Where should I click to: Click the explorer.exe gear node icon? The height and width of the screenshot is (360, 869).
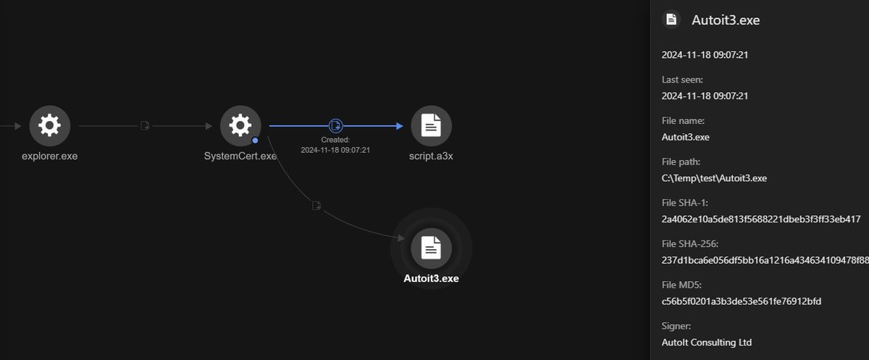pyautogui.click(x=50, y=126)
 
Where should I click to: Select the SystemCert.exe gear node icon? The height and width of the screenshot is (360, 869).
pyautogui.click(x=240, y=126)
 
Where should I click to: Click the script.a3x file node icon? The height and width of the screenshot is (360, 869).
pyautogui.click(x=431, y=126)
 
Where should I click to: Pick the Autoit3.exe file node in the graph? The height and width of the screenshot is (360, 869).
pyautogui.click(x=431, y=248)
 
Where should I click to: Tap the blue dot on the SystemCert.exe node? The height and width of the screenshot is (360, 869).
pyautogui.click(x=255, y=141)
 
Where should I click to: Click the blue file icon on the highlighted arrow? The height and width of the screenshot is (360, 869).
pyautogui.click(x=335, y=126)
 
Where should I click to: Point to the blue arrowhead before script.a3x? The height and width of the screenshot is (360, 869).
pyautogui.click(x=400, y=126)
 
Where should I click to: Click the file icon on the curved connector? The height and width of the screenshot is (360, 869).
pyautogui.click(x=316, y=206)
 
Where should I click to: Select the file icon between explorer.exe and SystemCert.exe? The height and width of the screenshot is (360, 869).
pyautogui.click(x=145, y=126)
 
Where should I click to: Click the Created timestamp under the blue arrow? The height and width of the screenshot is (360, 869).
pyautogui.click(x=335, y=150)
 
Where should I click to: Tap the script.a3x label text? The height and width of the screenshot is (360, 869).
pyautogui.click(x=431, y=156)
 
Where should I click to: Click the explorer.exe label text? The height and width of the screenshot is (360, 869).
pyautogui.click(x=50, y=156)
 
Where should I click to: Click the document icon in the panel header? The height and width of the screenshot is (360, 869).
pyautogui.click(x=671, y=19)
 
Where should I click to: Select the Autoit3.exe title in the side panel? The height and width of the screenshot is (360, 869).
pyautogui.click(x=726, y=20)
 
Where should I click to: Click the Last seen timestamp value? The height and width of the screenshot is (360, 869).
pyautogui.click(x=705, y=96)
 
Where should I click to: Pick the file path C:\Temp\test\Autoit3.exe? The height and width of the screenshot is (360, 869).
pyautogui.click(x=714, y=178)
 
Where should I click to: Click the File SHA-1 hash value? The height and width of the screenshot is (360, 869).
pyautogui.click(x=761, y=219)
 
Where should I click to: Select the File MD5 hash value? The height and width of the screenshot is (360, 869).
pyautogui.click(x=742, y=301)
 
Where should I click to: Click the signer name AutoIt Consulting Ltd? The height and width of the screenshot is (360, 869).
pyautogui.click(x=707, y=342)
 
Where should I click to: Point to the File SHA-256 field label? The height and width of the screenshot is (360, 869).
pyautogui.click(x=689, y=243)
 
